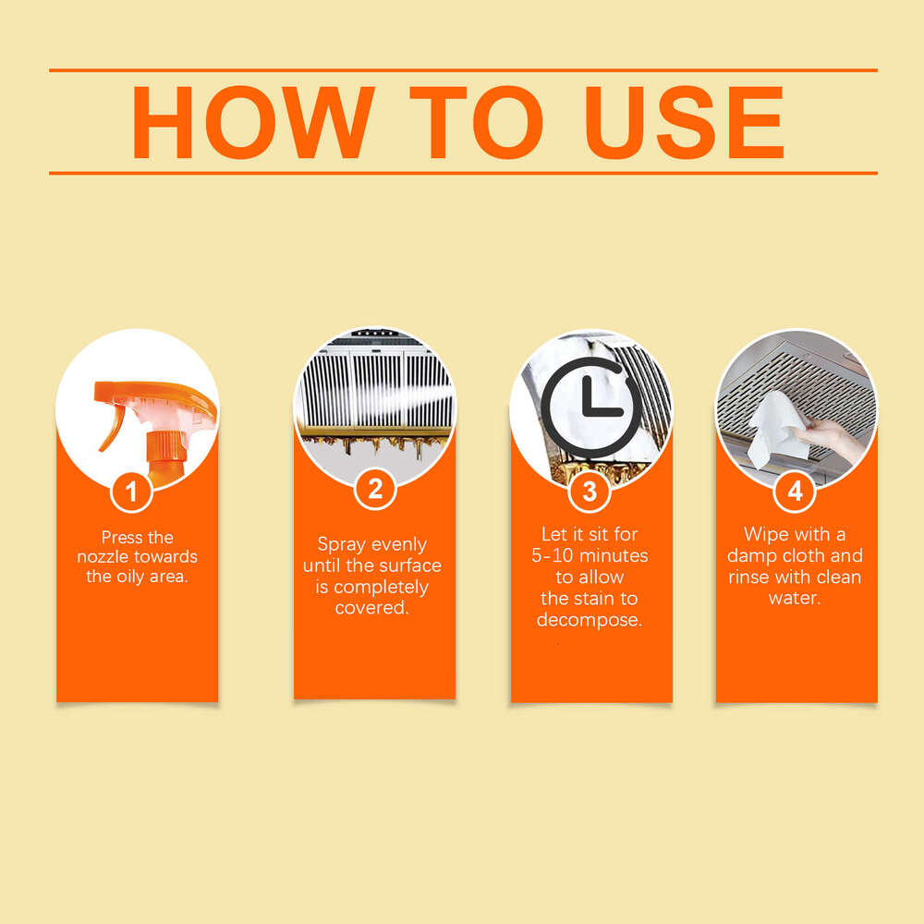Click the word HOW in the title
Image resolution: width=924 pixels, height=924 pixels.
(x=253, y=122)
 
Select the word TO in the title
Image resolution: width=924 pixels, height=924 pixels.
(x=476, y=122)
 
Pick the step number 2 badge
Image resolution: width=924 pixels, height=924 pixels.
(x=375, y=489)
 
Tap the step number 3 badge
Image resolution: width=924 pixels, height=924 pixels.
(x=590, y=491)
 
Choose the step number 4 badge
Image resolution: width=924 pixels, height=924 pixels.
(x=795, y=491)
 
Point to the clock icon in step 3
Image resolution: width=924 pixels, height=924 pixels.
(x=590, y=407)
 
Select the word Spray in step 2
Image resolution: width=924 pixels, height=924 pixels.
(x=341, y=545)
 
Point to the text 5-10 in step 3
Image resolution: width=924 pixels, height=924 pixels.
(x=553, y=555)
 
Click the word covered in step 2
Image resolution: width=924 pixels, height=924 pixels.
(x=371, y=608)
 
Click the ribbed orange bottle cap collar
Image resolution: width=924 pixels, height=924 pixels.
(x=166, y=445)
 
